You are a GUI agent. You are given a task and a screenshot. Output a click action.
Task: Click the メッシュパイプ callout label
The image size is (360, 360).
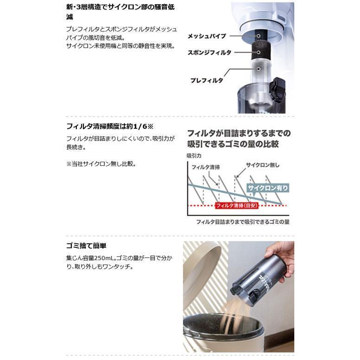(x=207, y=36)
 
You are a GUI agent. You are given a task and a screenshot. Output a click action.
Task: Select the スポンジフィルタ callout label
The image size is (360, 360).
(x=209, y=52)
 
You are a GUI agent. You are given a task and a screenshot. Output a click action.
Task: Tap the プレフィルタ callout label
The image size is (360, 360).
(x=206, y=80)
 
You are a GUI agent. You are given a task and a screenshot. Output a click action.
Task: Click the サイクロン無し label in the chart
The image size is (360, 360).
(x=262, y=165)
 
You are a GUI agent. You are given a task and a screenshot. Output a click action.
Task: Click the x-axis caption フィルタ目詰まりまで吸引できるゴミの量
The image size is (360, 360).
(x=243, y=222)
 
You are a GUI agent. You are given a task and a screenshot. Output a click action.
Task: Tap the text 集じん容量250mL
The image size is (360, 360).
(x=91, y=257)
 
